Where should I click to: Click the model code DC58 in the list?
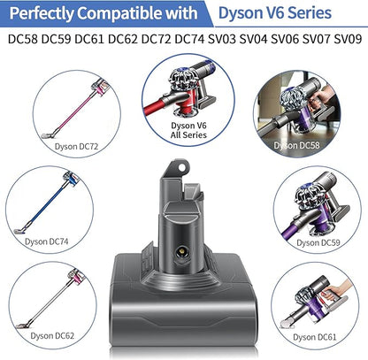[x=23, y=39]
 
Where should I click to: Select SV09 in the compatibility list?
[x=348, y=39]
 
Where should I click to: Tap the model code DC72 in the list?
[x=157, y=39]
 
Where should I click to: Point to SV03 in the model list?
[x=222, y=39]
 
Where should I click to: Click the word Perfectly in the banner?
[x=42, y=14]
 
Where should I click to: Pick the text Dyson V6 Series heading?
[x=275, y=12]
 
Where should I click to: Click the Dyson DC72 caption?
[x=76, y=147]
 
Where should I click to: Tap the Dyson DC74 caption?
[x=46, y=241]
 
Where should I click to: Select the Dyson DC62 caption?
[x=52, y=336]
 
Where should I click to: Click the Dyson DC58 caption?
[x=296, y=145]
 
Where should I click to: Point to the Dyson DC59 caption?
[x=318, y=243]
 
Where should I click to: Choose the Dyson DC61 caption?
[x=315, y=337]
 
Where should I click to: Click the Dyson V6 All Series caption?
[x=188, y=130]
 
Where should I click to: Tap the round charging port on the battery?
[x=182, y=251]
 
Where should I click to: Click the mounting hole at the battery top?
[x=182, y=168]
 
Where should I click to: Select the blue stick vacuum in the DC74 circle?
[x=47, y=203]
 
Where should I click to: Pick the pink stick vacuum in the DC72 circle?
[x=76, y=109]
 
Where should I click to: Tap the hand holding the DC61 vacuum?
[x=339, y=289]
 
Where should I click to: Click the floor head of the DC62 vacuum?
[x=23, y=326]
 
